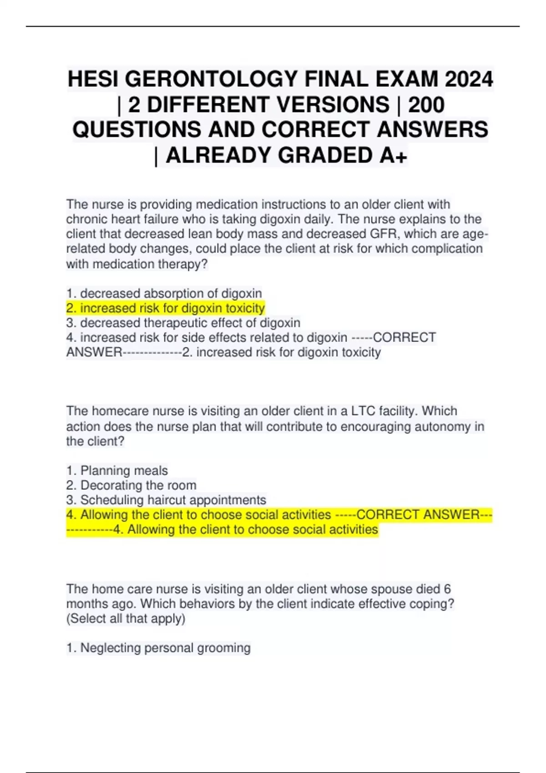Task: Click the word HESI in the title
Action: point(93,79)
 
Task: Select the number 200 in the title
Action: point(426,105)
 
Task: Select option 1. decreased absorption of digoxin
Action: point(164,293)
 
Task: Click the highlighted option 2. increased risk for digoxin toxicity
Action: point(165,308)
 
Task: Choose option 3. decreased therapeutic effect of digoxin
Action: point(183,323)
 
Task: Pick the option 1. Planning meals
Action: point(117,471)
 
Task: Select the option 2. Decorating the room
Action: point(131,485)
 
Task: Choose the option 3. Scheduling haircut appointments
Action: point(166,500)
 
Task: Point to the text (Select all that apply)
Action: point(126,619)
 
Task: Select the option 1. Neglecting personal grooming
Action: point(158,648)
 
